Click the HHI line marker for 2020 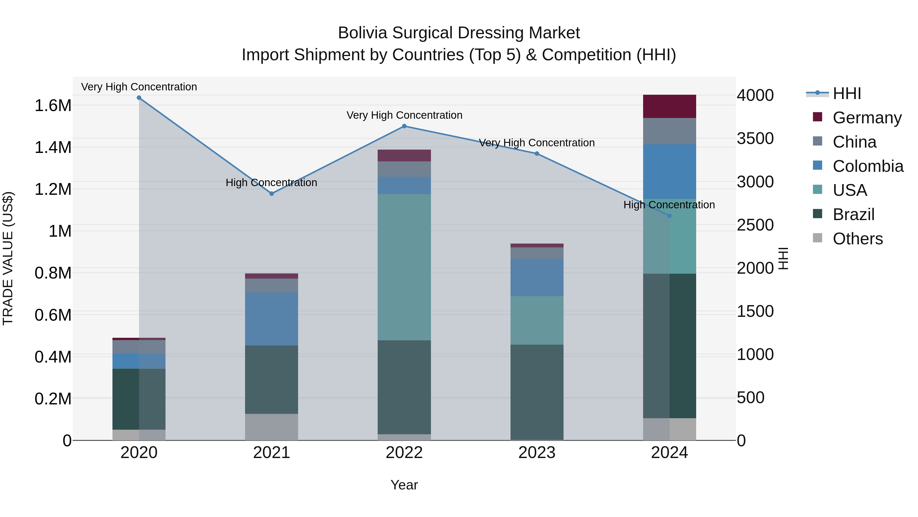139,98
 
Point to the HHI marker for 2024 669,216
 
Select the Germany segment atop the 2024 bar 669,106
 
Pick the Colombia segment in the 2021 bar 272,319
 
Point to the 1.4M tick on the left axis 53,147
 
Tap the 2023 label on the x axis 537,453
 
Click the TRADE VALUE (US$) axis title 8,258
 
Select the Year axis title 404,485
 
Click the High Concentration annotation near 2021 271,183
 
